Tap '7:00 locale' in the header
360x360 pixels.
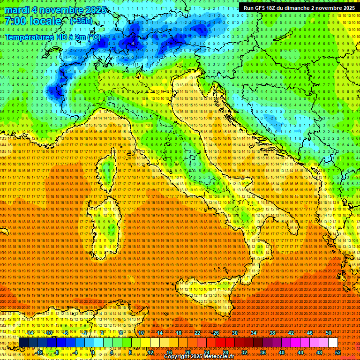coord(33,21)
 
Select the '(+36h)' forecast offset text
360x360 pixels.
coord(81,21)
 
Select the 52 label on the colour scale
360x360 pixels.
coord(337,352)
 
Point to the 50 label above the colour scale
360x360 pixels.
coord(328,333)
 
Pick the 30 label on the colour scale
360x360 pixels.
coord(234,333)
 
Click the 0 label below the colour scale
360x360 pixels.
coord(93,352)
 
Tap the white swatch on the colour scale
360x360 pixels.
coord(333,343)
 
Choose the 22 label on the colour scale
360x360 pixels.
coord(197,333)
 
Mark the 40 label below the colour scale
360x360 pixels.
coord(281,352)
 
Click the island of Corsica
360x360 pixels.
coord(107,171)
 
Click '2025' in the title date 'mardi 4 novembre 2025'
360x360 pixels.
coord(95,10)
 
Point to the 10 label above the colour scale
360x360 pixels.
coord(141,333)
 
